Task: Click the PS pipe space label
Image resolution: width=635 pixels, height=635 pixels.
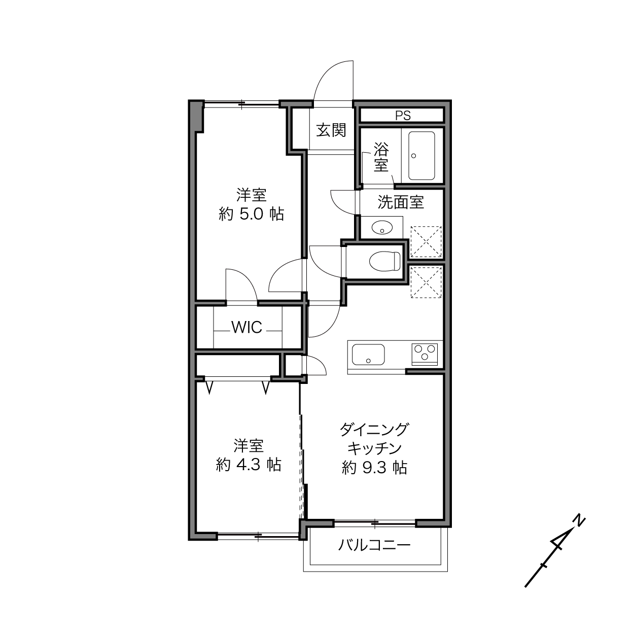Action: click(x=403, y=116)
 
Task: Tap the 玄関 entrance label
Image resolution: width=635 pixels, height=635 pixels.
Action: click(x=331, y=130)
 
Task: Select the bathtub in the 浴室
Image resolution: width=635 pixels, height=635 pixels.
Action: click(x=421, y=156)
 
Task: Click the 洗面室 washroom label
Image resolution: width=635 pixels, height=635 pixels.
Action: click(x=400, y=202)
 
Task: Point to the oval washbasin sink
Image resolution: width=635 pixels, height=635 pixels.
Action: click(x=382, y=227)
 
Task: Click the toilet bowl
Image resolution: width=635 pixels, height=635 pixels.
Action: click(x=384, y=261)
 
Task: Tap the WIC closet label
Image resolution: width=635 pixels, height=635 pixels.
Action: click(x=247, y=327)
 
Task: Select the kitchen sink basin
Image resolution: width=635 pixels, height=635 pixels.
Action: click(x=368, y=354)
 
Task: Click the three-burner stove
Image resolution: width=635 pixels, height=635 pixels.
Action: click(x=425, y=354)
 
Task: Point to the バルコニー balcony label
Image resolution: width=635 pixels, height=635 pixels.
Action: click(x=374, y=545)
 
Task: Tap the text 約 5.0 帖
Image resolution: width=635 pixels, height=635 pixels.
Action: click(x=251, y=215)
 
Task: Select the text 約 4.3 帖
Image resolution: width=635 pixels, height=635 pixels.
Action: click(x=249, y=465)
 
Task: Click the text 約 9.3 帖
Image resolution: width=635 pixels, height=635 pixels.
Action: click(x=374, y=467)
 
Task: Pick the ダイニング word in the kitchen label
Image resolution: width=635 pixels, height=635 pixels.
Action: click(x=374, y=430)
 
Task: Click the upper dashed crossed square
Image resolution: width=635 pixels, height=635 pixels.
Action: click(x=426, y=242)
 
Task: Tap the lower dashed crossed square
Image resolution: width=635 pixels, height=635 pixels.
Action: click(x=426, y=283)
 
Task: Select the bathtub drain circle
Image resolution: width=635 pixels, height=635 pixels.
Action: click(x=414, y=156)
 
